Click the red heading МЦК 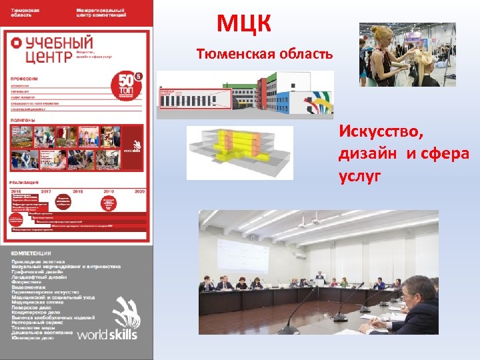(244, 25)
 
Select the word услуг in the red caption (360, 176)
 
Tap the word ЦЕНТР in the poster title (40, 56)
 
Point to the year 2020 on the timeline (139, 191)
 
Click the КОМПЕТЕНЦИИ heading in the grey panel (31, 254)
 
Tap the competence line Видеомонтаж (29, 287)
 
